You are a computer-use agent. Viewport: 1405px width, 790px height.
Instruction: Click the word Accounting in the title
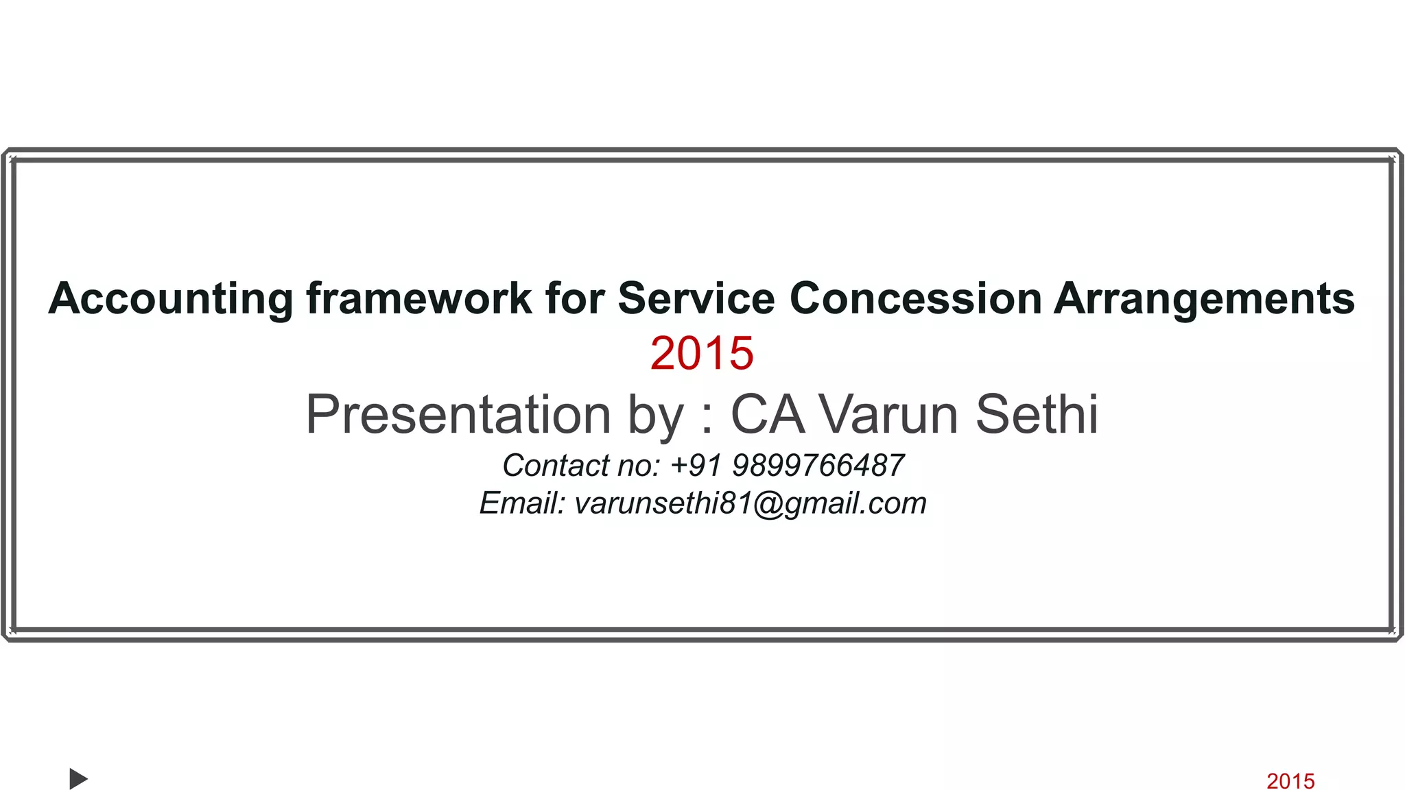point(171,299)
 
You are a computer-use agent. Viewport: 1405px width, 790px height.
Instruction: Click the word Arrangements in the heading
point(1204,299)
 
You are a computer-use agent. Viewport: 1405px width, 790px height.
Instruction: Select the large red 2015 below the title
point(702,353)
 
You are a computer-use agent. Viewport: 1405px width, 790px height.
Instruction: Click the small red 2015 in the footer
point(1290,780)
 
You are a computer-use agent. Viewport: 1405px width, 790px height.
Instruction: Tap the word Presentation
point(458,414)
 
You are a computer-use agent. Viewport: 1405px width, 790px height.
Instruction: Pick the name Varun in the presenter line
point(889,414)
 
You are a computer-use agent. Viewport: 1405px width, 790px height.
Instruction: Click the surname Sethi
point(1037,414)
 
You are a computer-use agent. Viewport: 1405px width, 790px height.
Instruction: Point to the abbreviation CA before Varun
point(767,414)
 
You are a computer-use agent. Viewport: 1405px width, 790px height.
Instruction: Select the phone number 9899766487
point(818,466)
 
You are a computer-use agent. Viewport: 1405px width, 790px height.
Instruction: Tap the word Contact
point(556,466)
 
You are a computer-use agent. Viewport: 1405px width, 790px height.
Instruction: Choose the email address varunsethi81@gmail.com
point(751,503)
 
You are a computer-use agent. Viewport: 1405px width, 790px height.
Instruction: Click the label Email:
point(522,503)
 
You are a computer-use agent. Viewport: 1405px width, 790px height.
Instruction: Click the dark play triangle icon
point(78,779)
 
